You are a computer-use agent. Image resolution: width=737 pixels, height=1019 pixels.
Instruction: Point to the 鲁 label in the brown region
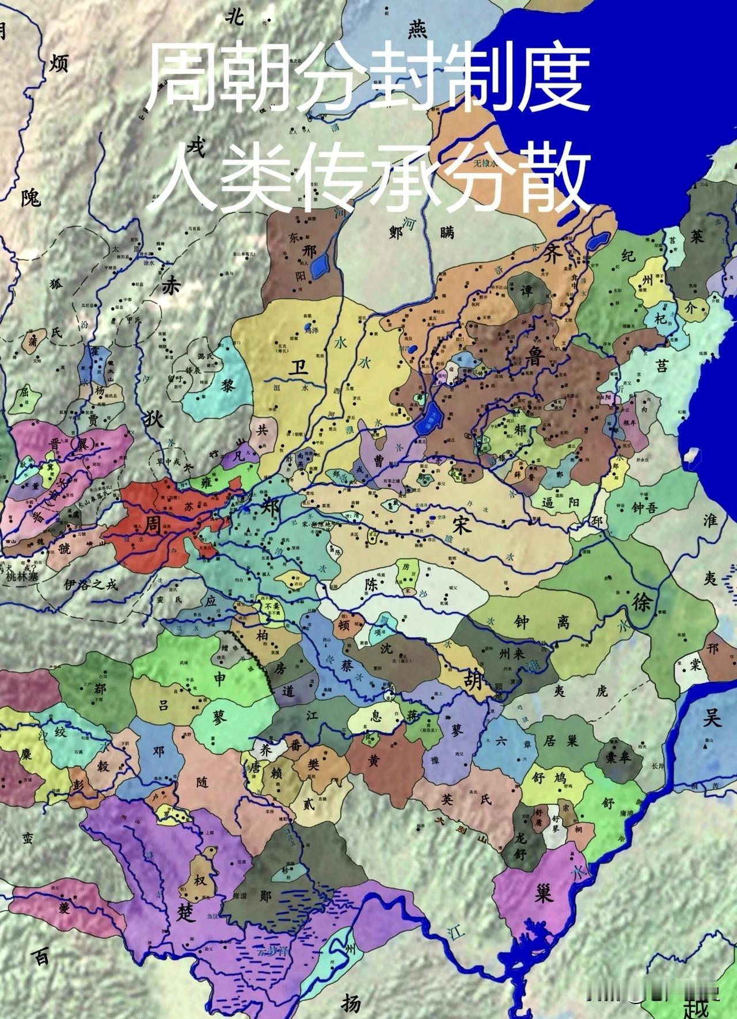tap(534, 358)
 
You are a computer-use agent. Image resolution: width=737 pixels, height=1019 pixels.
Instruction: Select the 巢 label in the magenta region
tap(542, 893)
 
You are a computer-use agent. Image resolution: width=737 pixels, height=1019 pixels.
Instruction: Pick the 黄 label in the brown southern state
tap(374, 761)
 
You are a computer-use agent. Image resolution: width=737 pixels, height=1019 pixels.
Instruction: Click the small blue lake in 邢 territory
tap(318, 265)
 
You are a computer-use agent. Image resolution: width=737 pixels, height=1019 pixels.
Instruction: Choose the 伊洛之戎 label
tap(91, 584)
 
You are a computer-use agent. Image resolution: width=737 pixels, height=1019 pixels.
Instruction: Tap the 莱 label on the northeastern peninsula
tap(697, 237)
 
